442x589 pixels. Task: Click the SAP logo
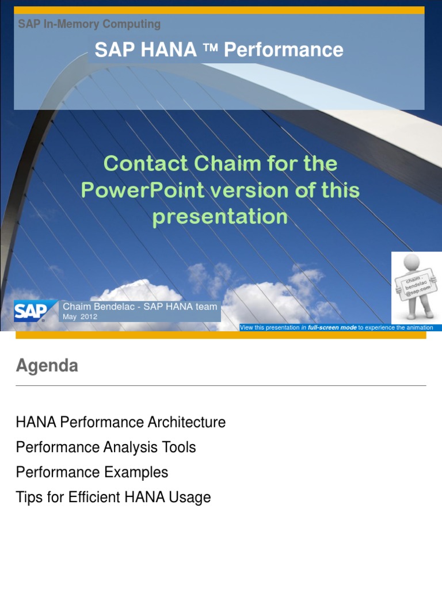tap(31, 311)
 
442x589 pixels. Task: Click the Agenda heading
tap(47, 365)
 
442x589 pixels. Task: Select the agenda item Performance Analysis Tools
tap(106, 447)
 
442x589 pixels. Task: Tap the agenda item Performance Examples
tap(92, 472)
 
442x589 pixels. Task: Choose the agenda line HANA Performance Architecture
tap(121, 422)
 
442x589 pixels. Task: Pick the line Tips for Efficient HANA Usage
tap(113, 498)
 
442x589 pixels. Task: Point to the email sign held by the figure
tap(416, 285)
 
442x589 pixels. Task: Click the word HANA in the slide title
tap(169, 49)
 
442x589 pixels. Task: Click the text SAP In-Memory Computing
tap(89, 24)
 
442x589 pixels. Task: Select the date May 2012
tap(79, 317)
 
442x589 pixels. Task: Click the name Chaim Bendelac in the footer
tap(98, 307)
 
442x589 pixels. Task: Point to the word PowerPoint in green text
tap(143, 190)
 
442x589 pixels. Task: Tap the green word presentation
tap(220, 217)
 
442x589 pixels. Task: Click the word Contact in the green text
tap(146, 163)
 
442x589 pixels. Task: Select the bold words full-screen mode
tap(332, 327)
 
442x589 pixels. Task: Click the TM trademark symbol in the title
tap(211, 47)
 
